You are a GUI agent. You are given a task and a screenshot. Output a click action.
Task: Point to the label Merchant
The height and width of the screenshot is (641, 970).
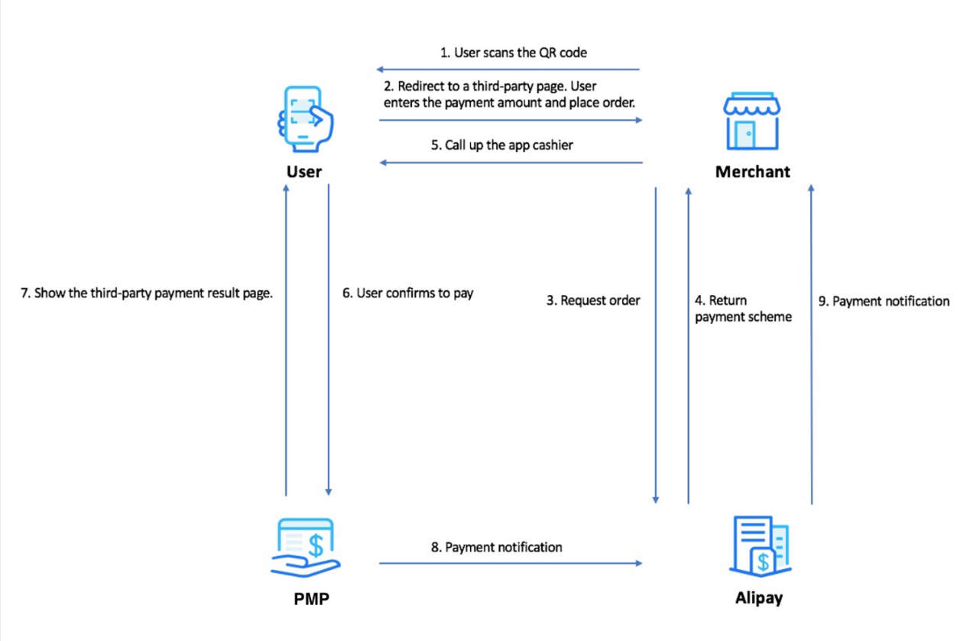tap(752, 172)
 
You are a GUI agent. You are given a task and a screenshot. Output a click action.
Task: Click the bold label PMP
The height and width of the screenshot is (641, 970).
tap(311, 600)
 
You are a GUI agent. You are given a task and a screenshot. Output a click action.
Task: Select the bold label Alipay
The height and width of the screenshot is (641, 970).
tap(758, 598)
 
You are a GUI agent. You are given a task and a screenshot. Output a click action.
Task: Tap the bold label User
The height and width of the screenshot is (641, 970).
tap(303, 172)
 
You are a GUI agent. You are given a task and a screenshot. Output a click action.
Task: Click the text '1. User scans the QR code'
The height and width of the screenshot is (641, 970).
tap(513, 53)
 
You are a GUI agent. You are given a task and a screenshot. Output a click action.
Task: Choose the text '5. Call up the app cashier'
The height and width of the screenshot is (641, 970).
tap(508, 145)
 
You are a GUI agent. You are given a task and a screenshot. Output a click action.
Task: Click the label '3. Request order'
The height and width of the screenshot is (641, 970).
tap(592, 301)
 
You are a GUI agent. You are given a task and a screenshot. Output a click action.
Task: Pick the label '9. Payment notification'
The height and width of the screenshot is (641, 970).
tap(884, 302)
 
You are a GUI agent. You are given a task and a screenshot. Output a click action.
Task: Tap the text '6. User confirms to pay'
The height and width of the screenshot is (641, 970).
tap(407, 293)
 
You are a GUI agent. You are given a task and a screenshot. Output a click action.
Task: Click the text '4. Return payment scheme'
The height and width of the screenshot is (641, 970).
tap(742, 309)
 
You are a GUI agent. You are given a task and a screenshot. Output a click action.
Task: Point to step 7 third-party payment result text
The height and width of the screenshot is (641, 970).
tap(147, 293)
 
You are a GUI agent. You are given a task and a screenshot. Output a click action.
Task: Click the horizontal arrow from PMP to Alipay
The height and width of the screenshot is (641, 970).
tap(510, 564)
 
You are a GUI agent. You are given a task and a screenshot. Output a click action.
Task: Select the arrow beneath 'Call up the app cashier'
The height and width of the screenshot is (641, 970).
tap(510, 163)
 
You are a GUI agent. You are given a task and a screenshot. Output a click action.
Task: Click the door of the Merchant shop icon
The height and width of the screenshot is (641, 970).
tap(745, 134)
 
